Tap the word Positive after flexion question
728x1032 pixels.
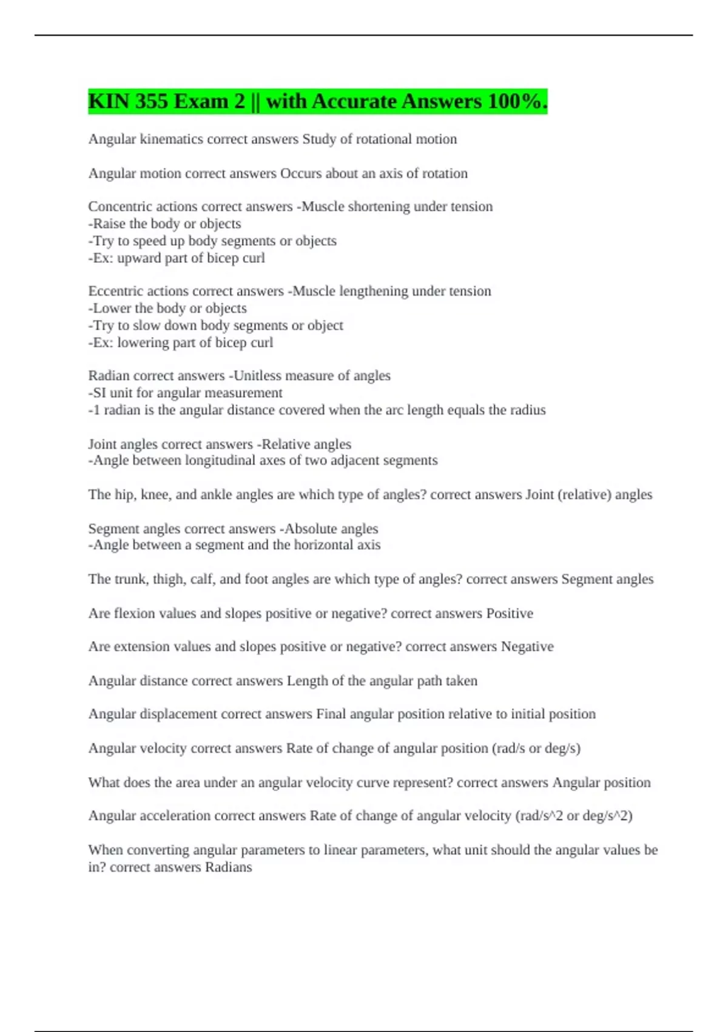pos(510,613)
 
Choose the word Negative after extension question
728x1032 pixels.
pos(527,647)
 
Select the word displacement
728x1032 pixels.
pos(178,714)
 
